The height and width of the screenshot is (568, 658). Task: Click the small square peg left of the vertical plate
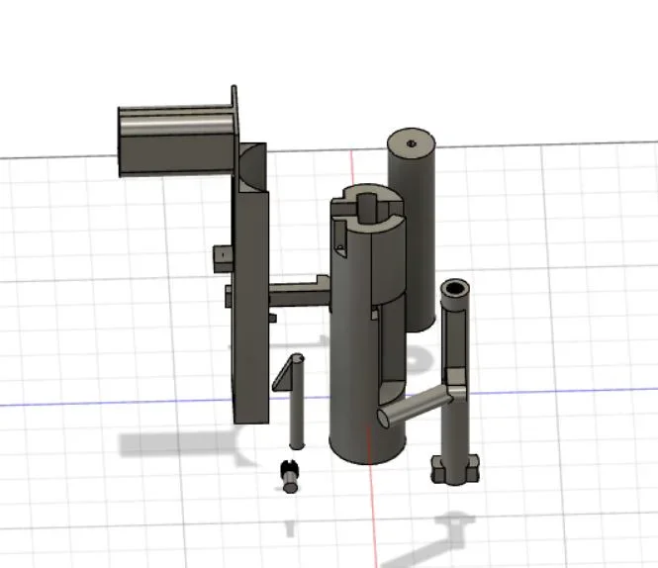coord(223,256)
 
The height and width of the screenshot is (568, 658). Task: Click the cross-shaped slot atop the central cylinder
coord(367,206)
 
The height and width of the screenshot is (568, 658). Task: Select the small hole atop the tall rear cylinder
coord(411,142)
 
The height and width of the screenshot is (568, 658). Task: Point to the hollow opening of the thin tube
coord(455,289)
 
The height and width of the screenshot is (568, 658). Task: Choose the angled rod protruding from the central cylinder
coord(416,404)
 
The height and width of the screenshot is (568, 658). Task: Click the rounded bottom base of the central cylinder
coord(367,450)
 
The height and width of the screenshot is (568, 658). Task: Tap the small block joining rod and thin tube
coord(455,381)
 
